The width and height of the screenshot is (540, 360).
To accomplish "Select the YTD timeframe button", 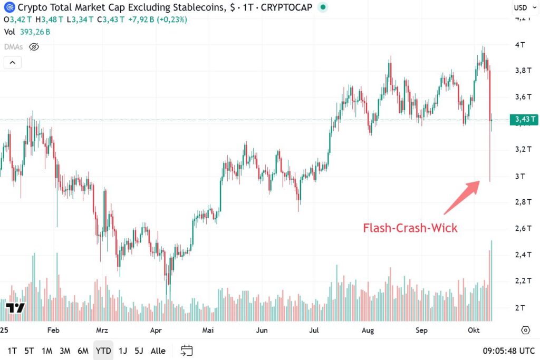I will [x=103, y=351].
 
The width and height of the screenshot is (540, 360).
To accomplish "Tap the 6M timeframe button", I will [x=83, y=351].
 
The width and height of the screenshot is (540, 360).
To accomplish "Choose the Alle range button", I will [x=158, y=351].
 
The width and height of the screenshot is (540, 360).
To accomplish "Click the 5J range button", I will [x=139, y=351].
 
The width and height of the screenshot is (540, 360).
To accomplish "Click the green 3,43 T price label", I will [x=524, y=120].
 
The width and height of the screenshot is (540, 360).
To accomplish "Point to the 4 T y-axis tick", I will [x=519, y=45].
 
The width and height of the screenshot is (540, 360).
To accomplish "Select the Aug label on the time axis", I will [x=368, y=330].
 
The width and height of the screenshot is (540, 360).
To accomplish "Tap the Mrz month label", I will [x=102, y=330].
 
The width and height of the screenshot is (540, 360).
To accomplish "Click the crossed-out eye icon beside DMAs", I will [x=34, y=47].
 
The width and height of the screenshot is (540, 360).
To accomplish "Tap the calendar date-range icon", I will [x=187, y=351].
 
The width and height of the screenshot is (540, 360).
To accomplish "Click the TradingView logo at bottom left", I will [x=15, y=308].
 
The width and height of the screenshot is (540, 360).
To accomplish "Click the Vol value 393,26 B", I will [x=35, y=32].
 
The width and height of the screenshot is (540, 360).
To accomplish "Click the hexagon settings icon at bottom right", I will [x=525, y=330].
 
